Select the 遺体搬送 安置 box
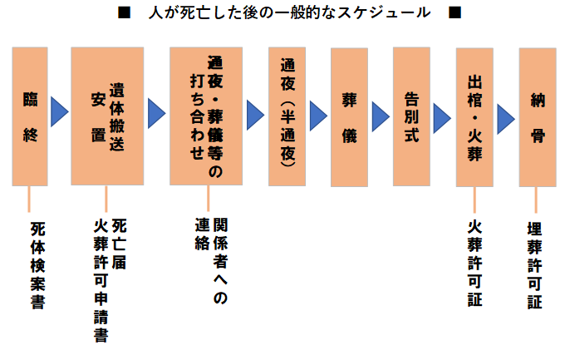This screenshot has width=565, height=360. (107, 116)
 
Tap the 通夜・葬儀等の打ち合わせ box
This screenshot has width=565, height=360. (205, 116)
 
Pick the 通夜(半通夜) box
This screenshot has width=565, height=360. (287, 116)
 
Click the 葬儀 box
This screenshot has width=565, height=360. (349, 116)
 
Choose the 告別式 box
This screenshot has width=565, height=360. (411, 116)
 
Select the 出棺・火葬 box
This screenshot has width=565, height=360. (474, 116)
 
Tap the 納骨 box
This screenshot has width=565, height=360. (537, 116)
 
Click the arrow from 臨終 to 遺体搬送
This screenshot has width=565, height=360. (59, 112)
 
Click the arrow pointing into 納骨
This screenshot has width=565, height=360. (506, 120)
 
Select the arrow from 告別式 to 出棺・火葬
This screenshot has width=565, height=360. (443, 116)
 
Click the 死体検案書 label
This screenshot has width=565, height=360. (37, 265)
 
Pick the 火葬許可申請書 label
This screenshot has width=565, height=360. (101, 280)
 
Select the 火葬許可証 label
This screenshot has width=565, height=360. (474, 263)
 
